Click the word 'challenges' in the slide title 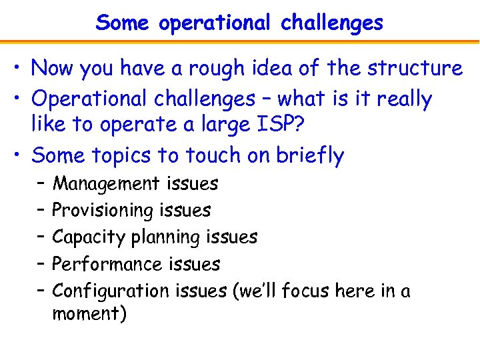[332, 23]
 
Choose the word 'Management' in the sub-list [106, 183]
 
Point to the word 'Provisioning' [103, 210]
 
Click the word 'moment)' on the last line [89, 313]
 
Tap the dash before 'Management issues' [41, 183]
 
